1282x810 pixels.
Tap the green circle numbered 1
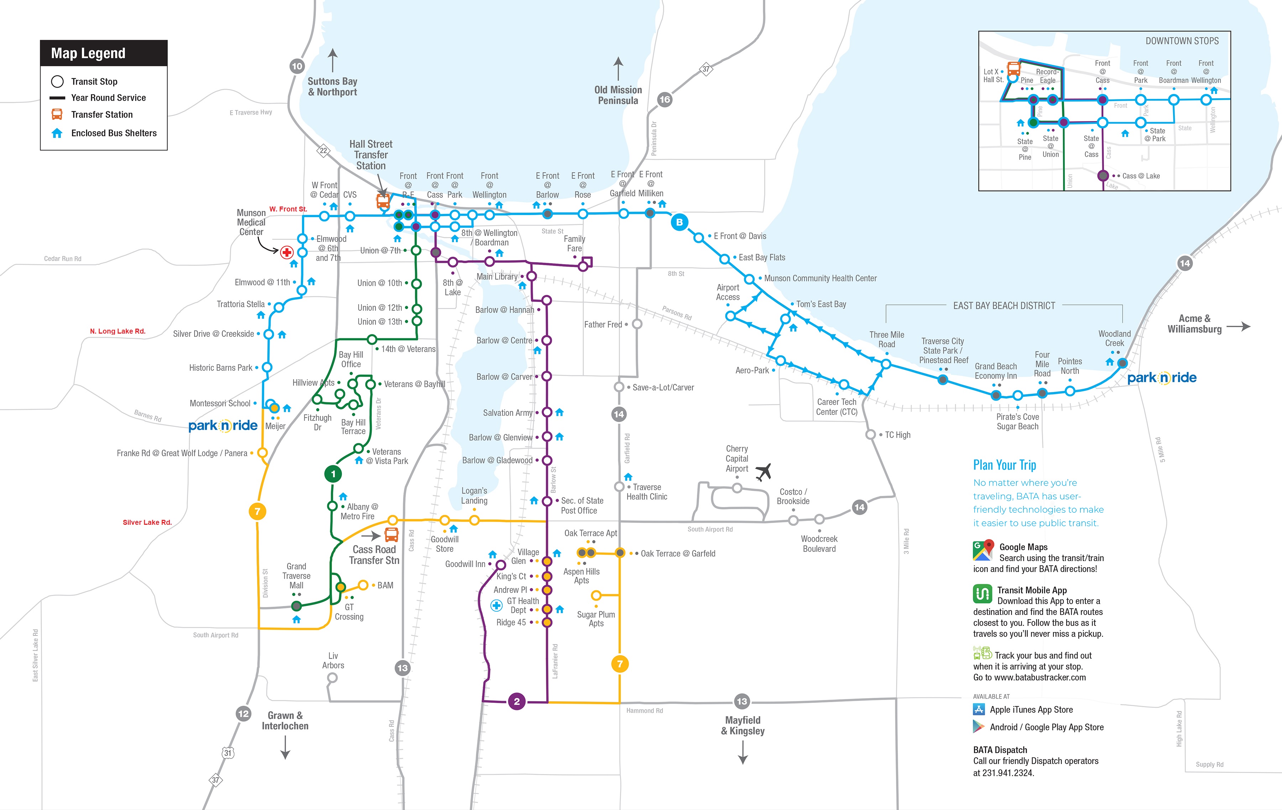(x=333, y=474)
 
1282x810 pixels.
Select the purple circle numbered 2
(x=516, y=701)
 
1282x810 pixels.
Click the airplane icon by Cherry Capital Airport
(x=764, y=471)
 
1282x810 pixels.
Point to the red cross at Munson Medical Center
(x=287, y=252)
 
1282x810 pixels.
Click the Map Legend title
(x=88, y=53)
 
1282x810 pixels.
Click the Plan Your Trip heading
(x=1004, y=465)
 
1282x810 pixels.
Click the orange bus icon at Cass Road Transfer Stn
(x=391, y=534)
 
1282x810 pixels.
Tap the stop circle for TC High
(x=870, y=435)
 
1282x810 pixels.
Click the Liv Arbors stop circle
(x=332, y=678)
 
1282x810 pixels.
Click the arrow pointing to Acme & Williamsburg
(x=1238, y=326)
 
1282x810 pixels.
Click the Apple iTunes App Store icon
(x=979, y=709)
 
